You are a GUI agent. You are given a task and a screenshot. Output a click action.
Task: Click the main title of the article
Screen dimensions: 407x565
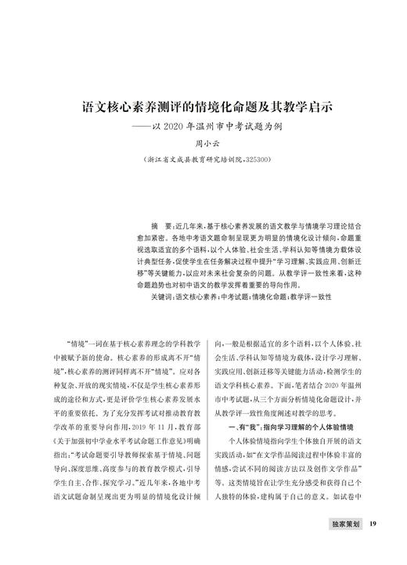click(203, 104)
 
